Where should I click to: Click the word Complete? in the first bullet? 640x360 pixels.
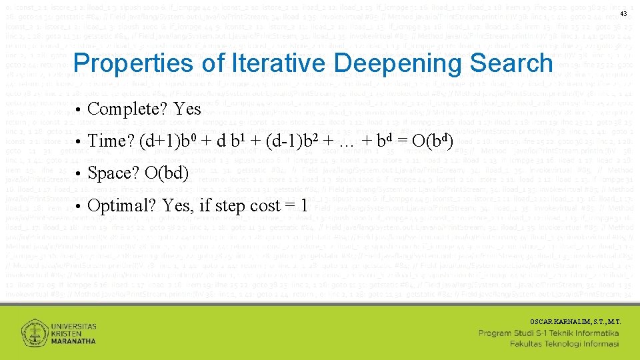click(127, 109)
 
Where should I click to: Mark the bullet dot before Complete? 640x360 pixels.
click(78, 109)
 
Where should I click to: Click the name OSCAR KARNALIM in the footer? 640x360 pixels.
click(554, 321)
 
